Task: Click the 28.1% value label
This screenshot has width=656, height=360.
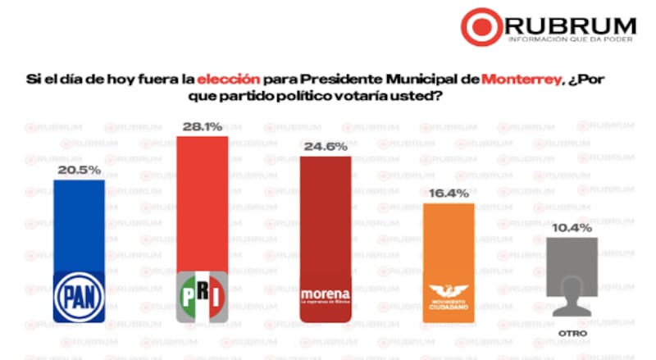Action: point(202,127)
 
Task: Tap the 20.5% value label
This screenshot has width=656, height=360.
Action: point(79,169)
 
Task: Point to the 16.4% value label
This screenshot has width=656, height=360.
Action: point(448,194)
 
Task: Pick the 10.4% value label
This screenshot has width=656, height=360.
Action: point(572,228)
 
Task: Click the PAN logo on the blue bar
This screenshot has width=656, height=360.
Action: point(80,292)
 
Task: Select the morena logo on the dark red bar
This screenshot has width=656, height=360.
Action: point(326,294)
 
